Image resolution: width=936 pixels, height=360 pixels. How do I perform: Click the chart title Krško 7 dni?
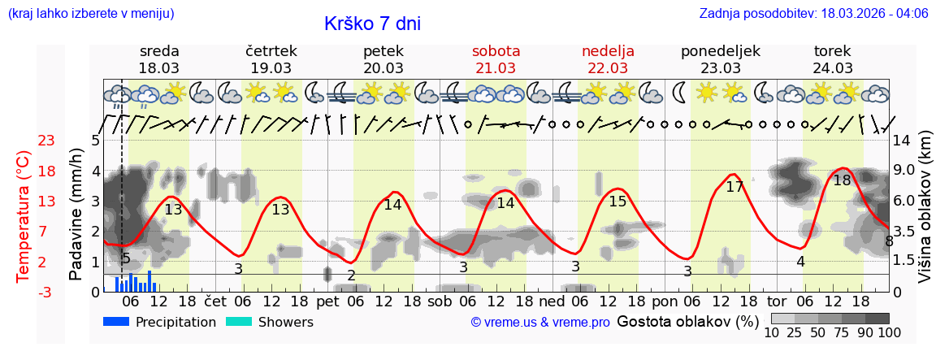click(x=372, y=24)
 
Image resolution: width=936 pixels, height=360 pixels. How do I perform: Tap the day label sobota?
click(x=496, y=51)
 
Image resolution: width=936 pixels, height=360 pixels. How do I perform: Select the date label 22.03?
click(x=608, y=68)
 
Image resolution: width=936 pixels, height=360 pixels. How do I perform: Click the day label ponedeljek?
click(x=720, y=51)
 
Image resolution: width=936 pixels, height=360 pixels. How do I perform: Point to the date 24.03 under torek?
click(x=833, y=68)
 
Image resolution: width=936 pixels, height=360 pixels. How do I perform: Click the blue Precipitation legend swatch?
click(x=117, y=322)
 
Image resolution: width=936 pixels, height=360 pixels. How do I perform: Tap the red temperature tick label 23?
click(x=46, y=141)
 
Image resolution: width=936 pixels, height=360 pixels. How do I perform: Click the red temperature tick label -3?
click(x=46, y=292)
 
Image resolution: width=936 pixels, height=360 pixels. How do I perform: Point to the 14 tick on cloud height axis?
click(x=903, y=141)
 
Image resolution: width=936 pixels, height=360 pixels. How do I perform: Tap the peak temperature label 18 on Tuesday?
click(x=842, y=180)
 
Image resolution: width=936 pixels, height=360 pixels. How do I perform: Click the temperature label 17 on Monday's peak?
click(x=734, y=187)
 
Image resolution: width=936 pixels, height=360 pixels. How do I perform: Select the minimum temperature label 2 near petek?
click(x=351, y=275)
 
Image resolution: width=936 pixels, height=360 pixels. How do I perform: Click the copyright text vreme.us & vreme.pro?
click(x=540, y=323)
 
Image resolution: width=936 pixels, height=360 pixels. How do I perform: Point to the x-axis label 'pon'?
click(x=664, y=301)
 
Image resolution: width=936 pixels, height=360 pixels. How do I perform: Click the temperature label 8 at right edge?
click(x=889, y=241)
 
